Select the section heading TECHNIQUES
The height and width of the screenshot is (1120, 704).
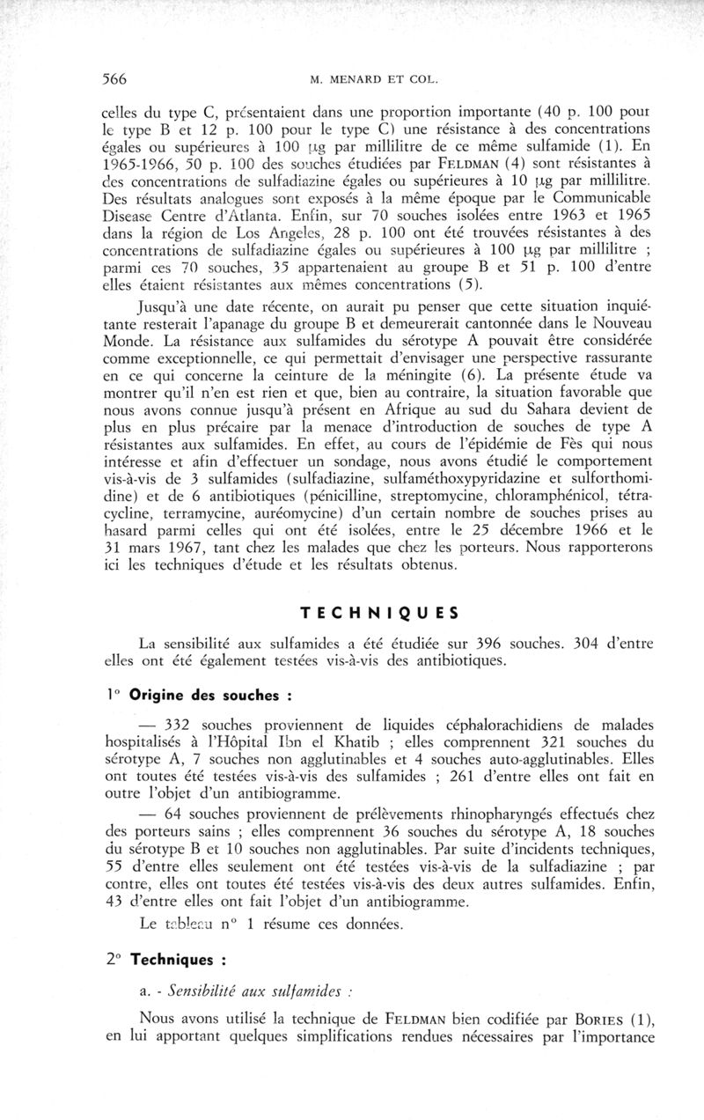(369, 613)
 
